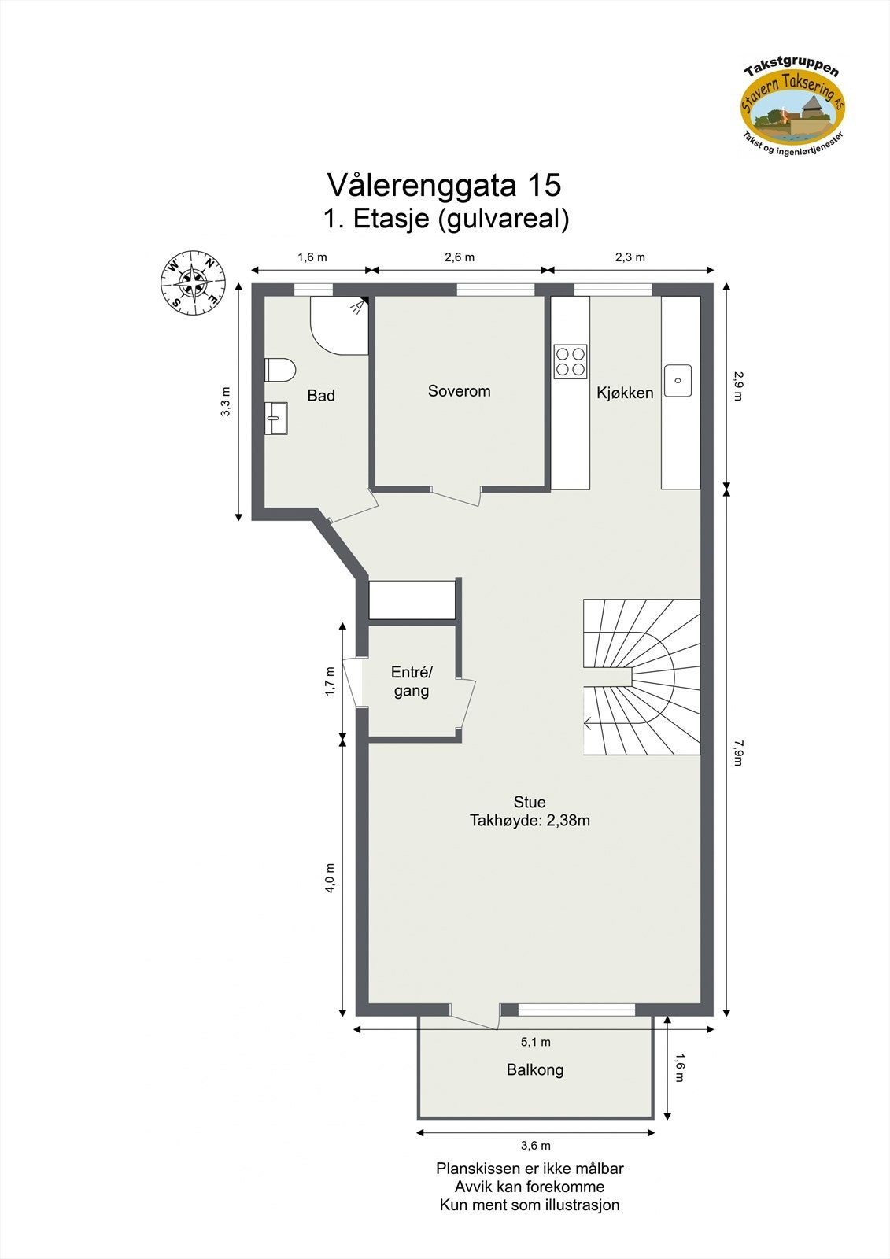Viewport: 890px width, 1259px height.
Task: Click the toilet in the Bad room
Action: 280,370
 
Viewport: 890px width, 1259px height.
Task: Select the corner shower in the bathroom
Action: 338,324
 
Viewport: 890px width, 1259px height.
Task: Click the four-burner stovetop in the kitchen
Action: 571,361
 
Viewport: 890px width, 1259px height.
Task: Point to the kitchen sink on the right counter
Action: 678,380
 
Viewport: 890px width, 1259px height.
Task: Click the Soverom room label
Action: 459,391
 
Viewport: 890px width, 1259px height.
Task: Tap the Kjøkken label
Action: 625,393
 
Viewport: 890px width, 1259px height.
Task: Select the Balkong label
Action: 535,1069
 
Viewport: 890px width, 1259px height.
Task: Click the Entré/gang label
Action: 412,681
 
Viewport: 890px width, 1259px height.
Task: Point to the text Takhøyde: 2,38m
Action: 530,821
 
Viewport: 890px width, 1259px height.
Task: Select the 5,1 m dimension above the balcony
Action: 535,1042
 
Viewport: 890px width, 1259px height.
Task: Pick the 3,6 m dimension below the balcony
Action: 535,1146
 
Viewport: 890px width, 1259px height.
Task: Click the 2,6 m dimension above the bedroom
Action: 460,257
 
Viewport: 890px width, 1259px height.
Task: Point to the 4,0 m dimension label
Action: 330,877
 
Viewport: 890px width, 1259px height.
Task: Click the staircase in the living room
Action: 641,677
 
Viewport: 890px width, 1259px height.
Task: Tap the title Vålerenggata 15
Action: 444,185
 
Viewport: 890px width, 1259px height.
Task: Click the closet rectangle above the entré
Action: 412,600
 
